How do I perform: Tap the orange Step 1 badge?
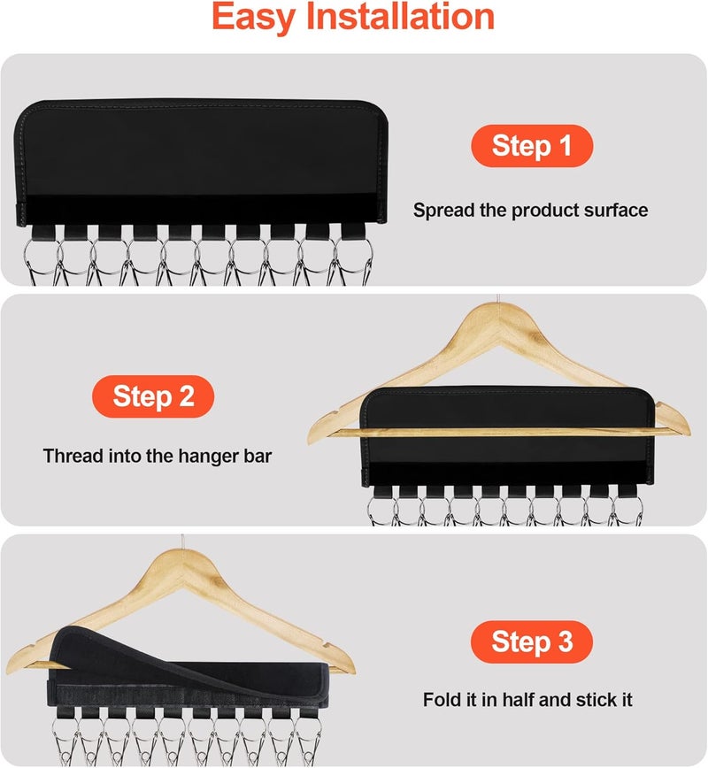click(531, 146)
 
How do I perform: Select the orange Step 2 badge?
click(153, 396)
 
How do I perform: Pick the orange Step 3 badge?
click(531, 642)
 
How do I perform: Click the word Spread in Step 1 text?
click(442, 211)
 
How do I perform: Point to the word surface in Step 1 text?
click(615, 211)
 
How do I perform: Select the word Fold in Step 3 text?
click(441, 700)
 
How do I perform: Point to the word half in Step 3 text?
click(528, 700)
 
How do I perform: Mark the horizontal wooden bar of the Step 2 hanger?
click(496, 432)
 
